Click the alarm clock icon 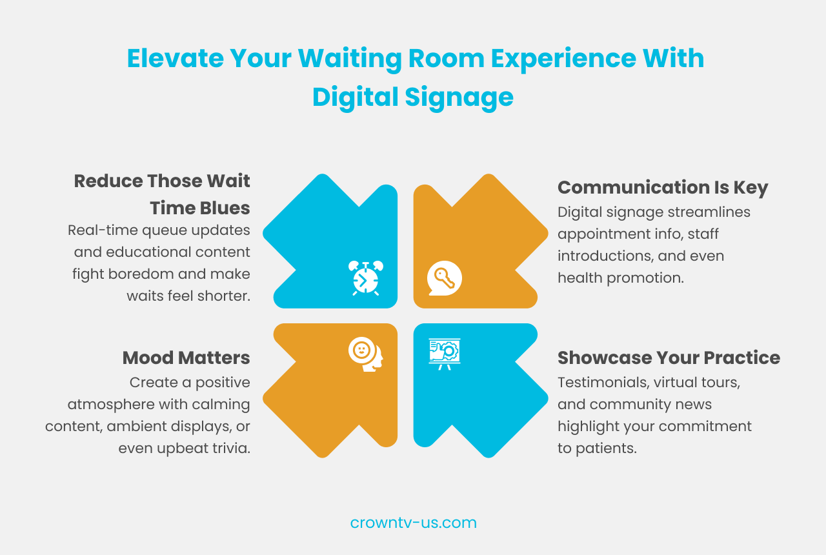[x=365, y=277]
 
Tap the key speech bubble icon [x=445, y=278]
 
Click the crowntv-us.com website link [x=413, y=523]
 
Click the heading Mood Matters [x=186, y=358]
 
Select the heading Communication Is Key [x=663, y=187]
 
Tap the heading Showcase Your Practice [x=669, y=358]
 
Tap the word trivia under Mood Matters [x=231, y=448]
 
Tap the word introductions [x=604, y=256]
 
